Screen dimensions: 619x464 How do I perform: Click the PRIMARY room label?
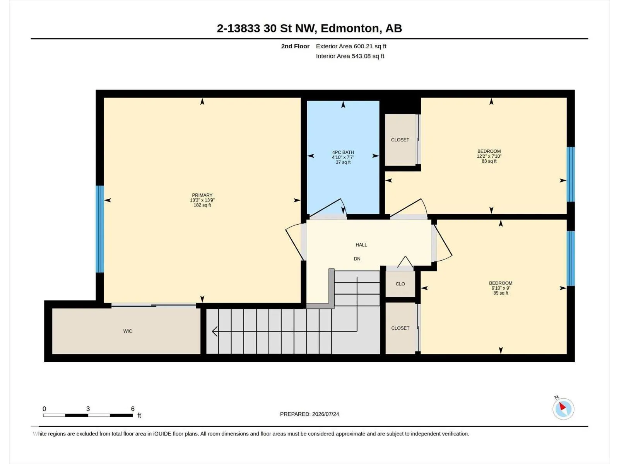pyautogui.click(x=202, y=195)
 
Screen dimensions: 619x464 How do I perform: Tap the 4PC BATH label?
pyautogui.click(x=343, y=152)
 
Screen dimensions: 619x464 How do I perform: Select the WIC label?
pyautogui.click(x=127, y=331)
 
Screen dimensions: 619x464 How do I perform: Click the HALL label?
pyautogui.click(x=361, y=245)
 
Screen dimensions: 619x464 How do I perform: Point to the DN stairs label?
pyautogui.click(x=357, y=259)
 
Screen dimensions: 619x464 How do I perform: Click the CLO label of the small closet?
pyautogui.click(x=400, y=284)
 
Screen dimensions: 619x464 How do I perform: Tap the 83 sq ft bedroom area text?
pyautogui.click(x=489, y=161)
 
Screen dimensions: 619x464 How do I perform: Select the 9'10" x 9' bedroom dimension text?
pyautogui.click(x=501, y=288)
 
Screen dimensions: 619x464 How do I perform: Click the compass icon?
pyautogui.click(x=563, y=409)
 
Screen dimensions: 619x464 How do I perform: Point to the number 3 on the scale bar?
pyautogui.click(x=88, y=408)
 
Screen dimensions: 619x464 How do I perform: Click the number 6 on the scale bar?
pyautogui.click(x=133, y=408)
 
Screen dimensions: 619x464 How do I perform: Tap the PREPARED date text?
pyautogui.click(x=309, y=414)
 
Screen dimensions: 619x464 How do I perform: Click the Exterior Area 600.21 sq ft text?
pyautogui.click(x=351, y=46)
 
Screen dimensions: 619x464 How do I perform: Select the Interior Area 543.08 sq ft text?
pyautogui.click(x=350, y=56)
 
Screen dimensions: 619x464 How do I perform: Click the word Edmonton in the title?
pyautogui.click(x=350, y=28)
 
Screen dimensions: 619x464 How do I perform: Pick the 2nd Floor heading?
pyautogui.click(x=295, y=46)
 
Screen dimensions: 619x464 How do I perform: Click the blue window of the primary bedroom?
pyautogui.click(x=100, y=229)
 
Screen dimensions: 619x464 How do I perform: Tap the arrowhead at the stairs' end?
pyautogui.click(x=214, y=331)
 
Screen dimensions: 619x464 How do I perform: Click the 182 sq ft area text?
pyautogui.click(x=202, y=205)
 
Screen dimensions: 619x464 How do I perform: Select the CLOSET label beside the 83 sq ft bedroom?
pyautogui.click(x=400, y=140)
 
